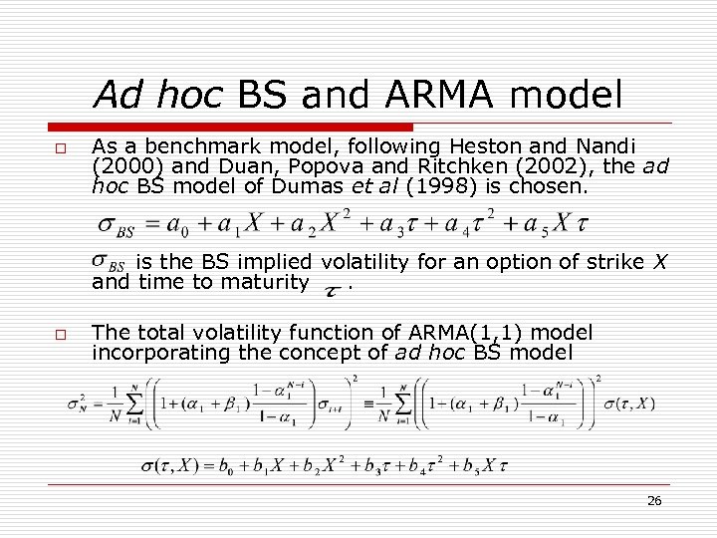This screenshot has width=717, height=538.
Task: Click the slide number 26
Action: click(x=654, y=501)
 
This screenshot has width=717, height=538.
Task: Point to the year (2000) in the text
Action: click(x=121, y=166)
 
